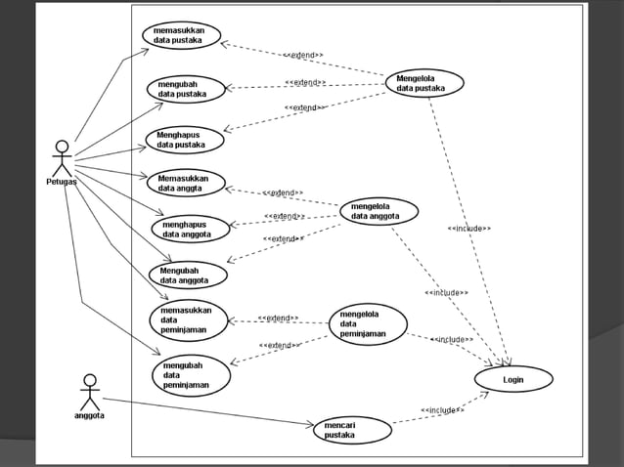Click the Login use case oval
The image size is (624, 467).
[x=513, y=378]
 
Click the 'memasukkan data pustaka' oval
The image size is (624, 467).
[x=181, y=35]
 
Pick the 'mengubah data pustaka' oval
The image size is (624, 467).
[x=186, y=89]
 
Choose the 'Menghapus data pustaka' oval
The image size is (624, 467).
[x=185, y=140]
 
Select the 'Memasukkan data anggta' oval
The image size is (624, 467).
[x=186, y=183]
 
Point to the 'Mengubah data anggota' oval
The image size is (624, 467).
[x=188, y=275]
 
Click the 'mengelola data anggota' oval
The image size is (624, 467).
[x=379, y=211]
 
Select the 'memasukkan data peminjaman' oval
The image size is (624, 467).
[x=188, y=318]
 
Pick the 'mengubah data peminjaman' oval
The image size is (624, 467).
[x=191, y=375]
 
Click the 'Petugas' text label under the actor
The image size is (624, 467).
[x=62, y=182]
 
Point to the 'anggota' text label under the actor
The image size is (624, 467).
[x=90, y=415]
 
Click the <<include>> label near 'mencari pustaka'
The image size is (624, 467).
[x=442, y=410]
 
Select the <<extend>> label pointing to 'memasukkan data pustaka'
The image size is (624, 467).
[x=303, y=56]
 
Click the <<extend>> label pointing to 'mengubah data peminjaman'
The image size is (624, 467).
[x=279, y=345]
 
